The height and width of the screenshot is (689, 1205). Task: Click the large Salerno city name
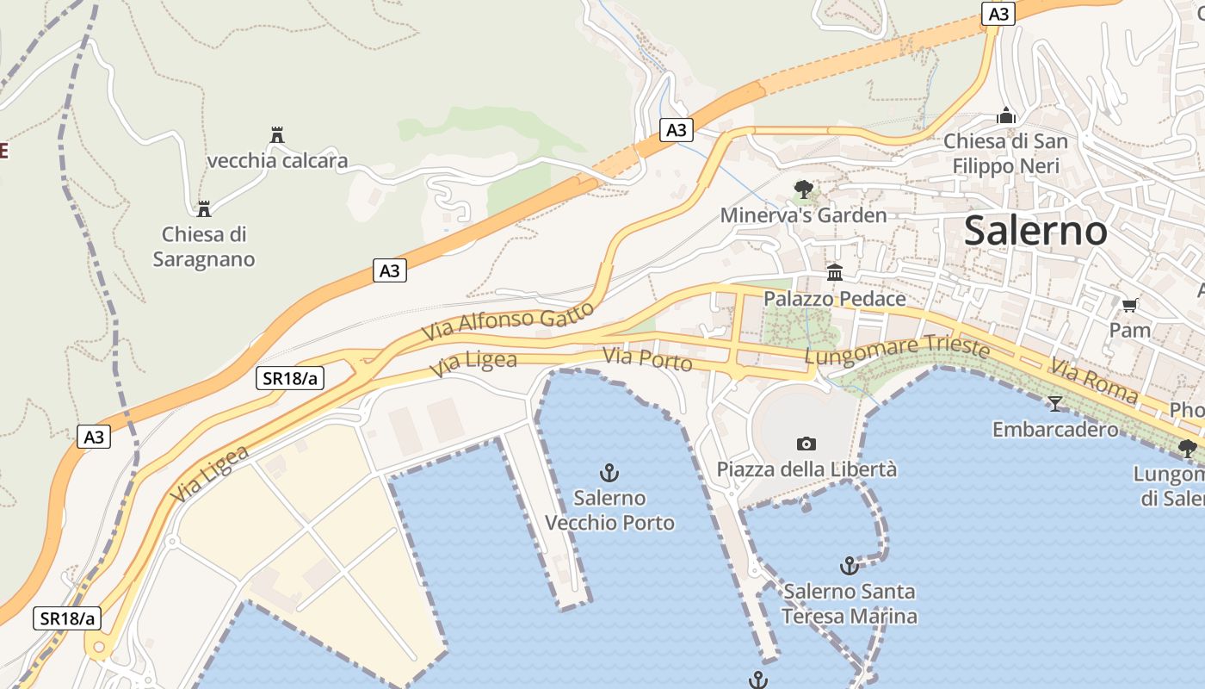(x=1035, y=231)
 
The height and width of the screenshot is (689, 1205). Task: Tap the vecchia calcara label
(x=278, y=161)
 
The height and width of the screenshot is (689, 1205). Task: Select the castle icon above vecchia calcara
(x=277, y=135)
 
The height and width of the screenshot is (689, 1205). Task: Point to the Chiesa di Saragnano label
(x=204, y=246)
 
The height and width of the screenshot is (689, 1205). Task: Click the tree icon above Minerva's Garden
(x=803, y=189)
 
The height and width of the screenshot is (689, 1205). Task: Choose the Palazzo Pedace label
(x=835, y=299)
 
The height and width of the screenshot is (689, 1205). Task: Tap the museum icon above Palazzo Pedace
(x=835, y=273)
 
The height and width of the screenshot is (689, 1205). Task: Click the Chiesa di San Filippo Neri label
(x=1005, y=153)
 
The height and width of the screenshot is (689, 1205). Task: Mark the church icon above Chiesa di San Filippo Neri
(x=1005, y=115)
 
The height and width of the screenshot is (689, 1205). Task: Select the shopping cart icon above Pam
(x=1130, y=305)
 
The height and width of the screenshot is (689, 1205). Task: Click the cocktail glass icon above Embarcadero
(x=1055, y=403)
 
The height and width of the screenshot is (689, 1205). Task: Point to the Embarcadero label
(x=1055, y=429)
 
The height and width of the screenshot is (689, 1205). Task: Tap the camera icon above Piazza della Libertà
(x=806, y=444)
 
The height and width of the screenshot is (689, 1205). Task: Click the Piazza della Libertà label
(x=806, y=469)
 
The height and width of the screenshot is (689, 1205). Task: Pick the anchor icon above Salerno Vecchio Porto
(x=609, y=472)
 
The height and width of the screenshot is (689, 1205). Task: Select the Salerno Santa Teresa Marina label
(x=850, y=604)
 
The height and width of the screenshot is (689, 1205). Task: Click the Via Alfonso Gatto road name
(x=508, y=320)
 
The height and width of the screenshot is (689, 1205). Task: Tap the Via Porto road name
(x=647, y=359)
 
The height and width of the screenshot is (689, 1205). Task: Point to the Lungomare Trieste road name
(x=897, y=349)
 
